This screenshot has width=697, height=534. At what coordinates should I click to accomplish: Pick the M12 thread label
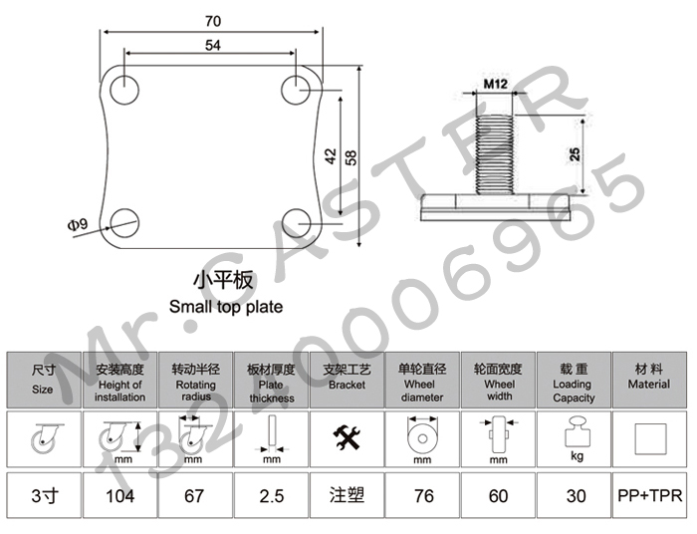496,83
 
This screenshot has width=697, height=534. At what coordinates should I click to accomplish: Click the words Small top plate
225,307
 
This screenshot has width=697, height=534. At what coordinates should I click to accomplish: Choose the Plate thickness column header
271,383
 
